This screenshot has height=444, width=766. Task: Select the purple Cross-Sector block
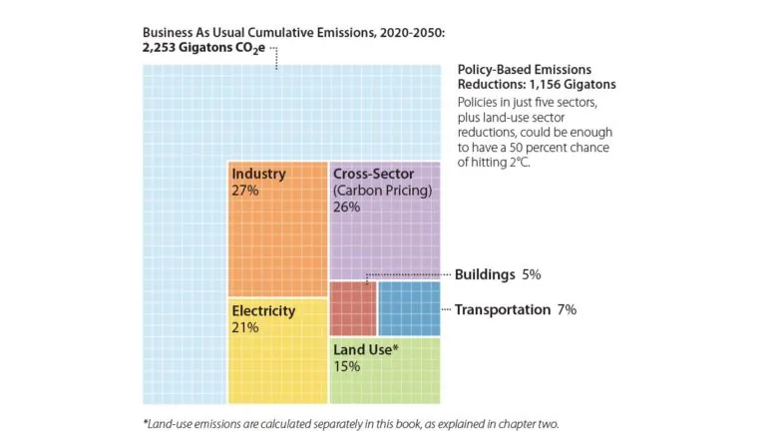click(384, 239)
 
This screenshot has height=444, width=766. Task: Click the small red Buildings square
click(352, 308)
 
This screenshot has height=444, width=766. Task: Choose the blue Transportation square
click(409, 308)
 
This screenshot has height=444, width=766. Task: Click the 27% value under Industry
click(245, 190)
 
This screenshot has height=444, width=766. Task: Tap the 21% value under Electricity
click(245, 327)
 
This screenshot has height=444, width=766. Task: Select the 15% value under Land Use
click(347, 365)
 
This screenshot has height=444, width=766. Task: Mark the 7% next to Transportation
click(567, 309)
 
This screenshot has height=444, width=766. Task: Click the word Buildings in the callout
click(485, 274)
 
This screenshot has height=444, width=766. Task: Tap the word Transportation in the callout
click(502, 309)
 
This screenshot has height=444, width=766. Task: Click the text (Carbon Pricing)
click(382, 190)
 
